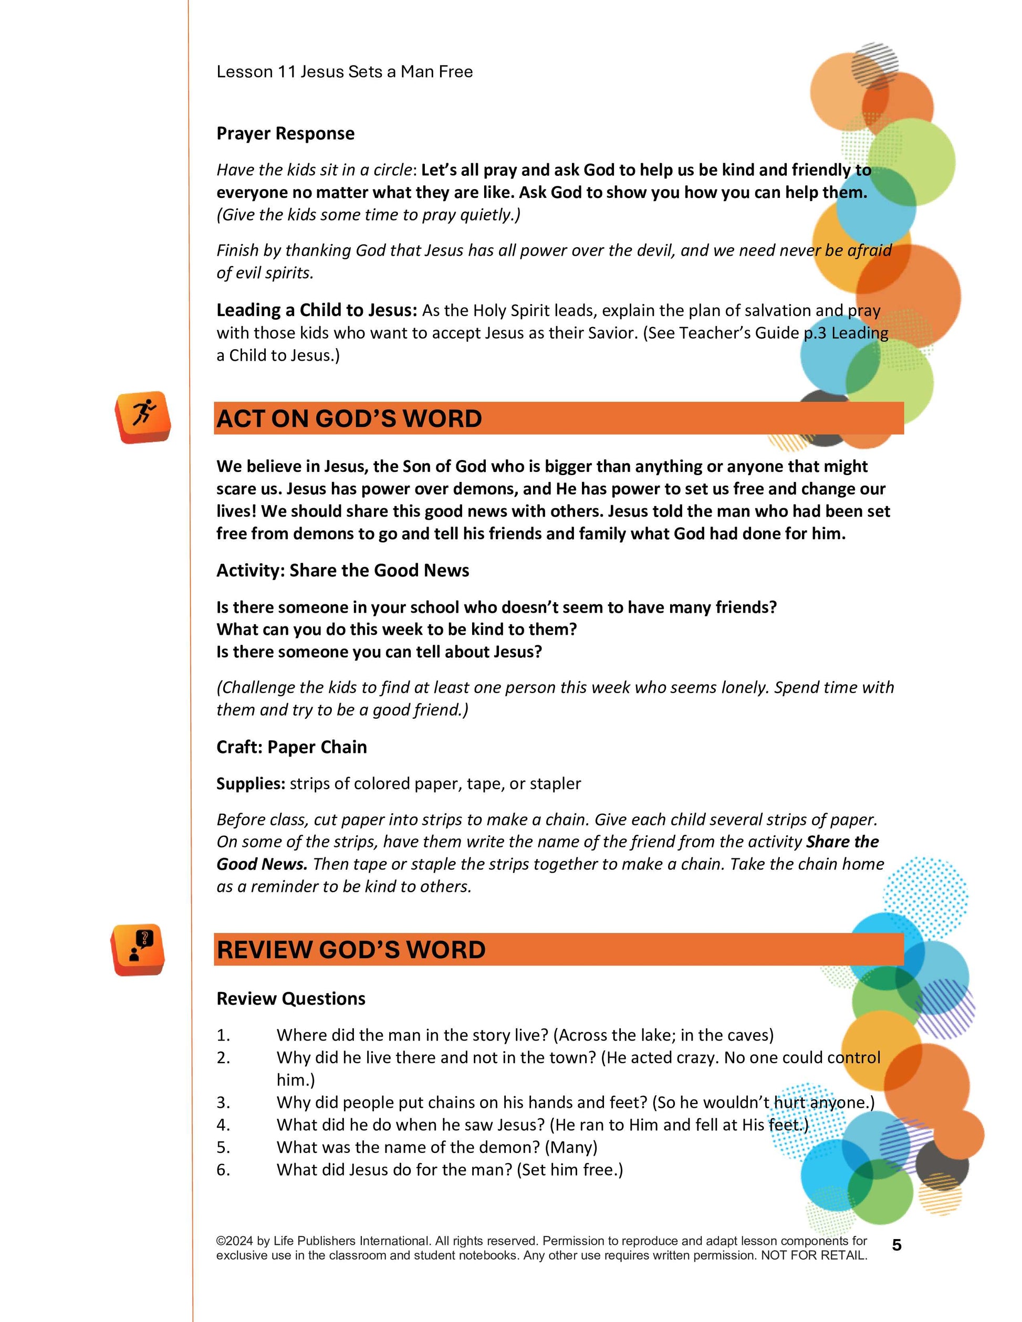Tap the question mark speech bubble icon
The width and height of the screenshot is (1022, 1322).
139,949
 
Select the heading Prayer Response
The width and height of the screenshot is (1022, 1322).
285,133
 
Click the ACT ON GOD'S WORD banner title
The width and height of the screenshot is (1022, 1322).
349,418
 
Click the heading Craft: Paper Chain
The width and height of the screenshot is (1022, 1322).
291,747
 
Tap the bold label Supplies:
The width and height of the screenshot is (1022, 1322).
251,783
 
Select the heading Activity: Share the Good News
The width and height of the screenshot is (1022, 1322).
343,570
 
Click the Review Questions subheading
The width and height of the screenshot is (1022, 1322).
290,998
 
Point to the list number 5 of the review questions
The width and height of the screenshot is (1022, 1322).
223,1147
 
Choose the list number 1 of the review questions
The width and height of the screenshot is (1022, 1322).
223,1035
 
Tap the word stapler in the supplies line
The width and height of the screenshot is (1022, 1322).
555,783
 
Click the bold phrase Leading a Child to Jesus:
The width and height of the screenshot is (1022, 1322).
317,310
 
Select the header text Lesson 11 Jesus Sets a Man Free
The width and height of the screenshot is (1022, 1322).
345,71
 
